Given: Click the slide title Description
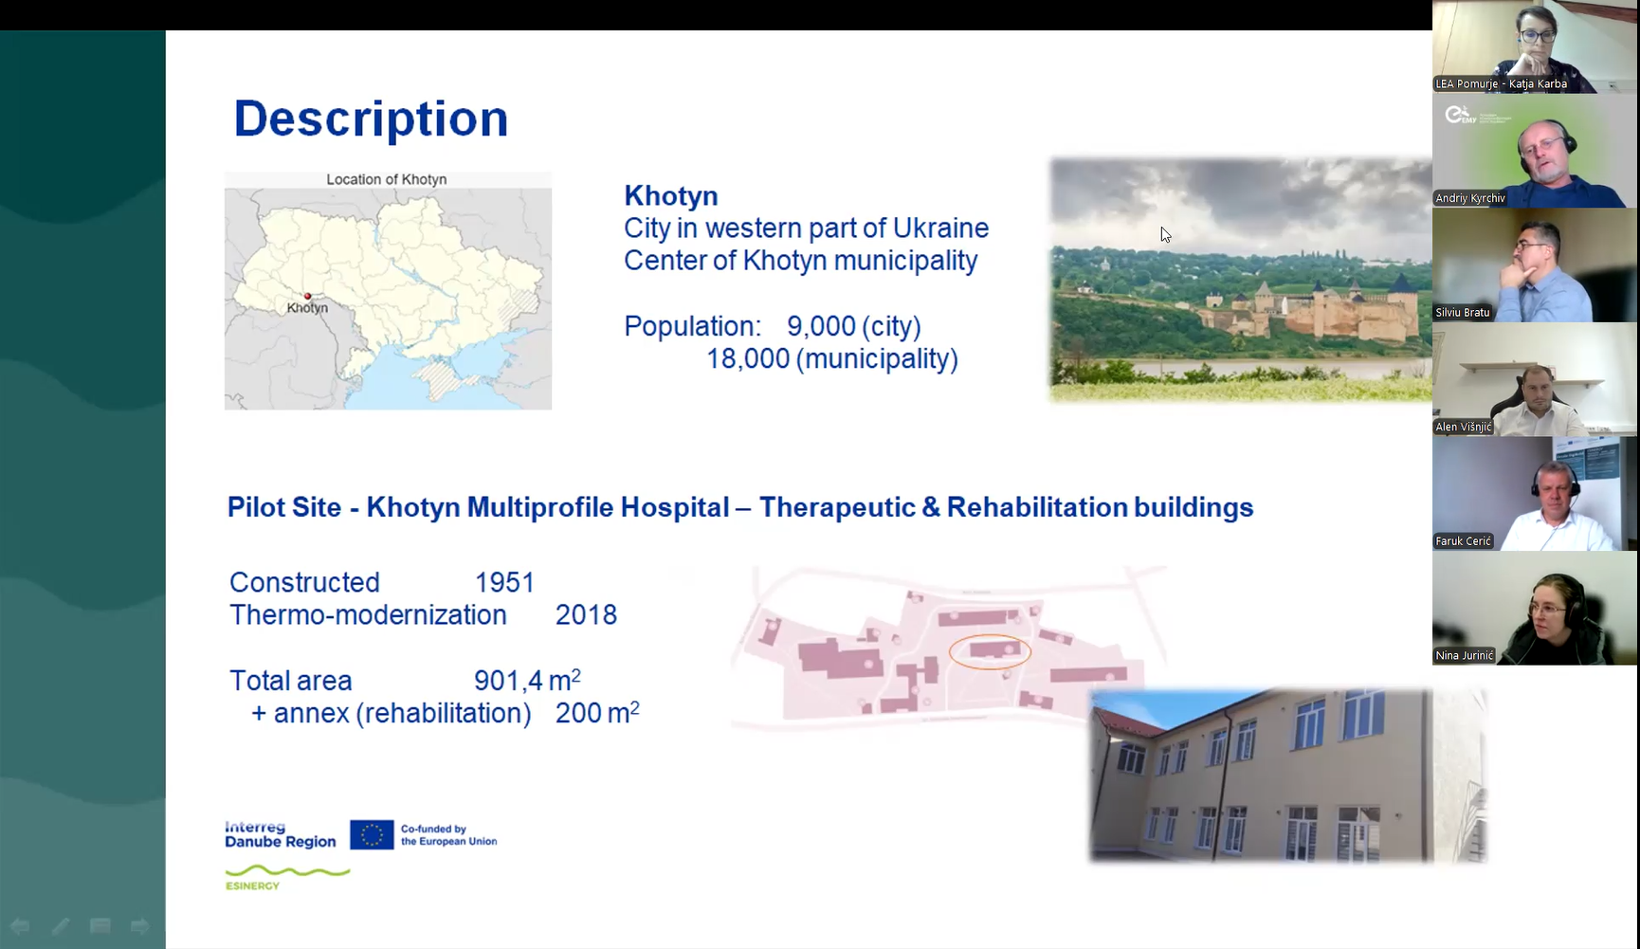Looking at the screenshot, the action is [371, 119].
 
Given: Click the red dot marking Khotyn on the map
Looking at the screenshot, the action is [307, 297].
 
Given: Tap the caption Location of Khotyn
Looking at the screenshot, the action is [387, 179].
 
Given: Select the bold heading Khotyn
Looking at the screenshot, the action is [671, 196].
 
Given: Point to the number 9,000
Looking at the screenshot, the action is [821, 327].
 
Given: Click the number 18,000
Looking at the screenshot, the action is [748, 359].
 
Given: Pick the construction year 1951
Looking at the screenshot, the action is [504, 582].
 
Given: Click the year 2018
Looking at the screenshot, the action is [586, 615].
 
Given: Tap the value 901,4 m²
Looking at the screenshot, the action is [527, 680].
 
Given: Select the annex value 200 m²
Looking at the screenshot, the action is [597, 712].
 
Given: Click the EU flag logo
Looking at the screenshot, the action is [372, 835].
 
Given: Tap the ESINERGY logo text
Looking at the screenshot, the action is [252, 885].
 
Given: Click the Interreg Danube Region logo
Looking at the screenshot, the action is [281, 835].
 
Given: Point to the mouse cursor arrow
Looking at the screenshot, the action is [1165, 234].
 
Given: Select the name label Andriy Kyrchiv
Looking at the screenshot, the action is [1470, 198].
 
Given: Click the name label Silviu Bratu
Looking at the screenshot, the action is [1463, 312].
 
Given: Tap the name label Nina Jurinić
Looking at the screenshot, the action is [1465, 655].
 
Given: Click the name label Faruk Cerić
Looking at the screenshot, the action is [1464, 540].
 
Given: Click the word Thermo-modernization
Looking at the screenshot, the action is [368, 615].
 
